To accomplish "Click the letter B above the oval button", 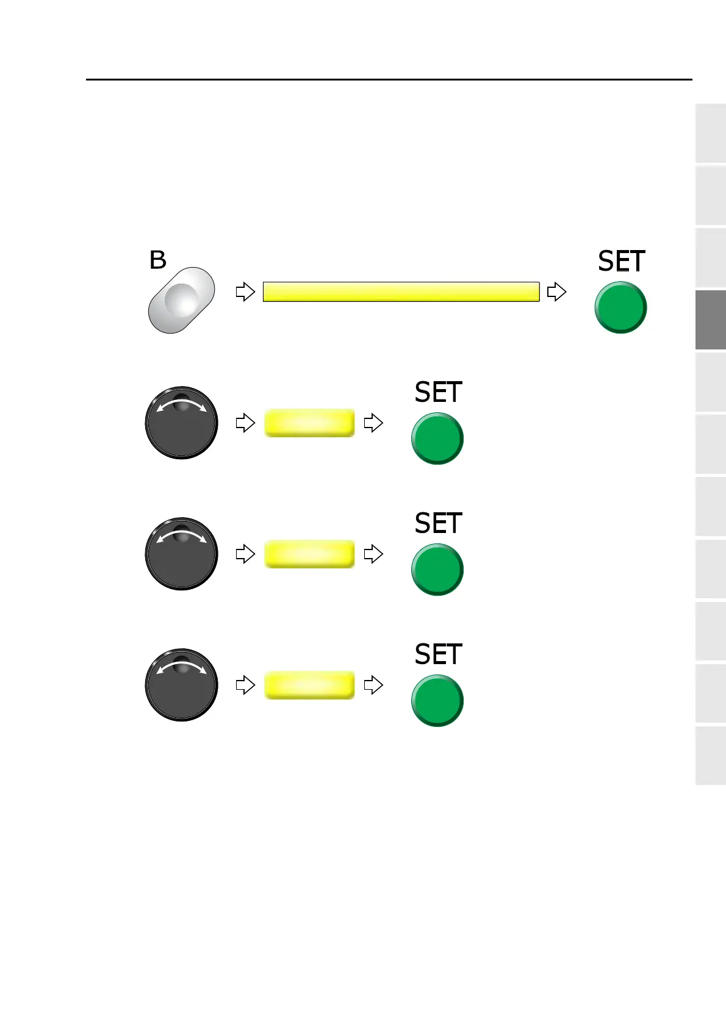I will pyautogui.click(x=158, y=260).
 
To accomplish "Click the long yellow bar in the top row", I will pyautogui.click(x=401, y=292).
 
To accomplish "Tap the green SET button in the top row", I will pyautogui.click(x=620, y=307).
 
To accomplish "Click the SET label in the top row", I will pyautogui.click(x=621, y=262).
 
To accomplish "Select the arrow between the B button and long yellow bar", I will pyautogui.click(x=245, y=292).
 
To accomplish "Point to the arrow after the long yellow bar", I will pyautogui.click(x=556, y=292).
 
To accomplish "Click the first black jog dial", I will pyautogui.click(x=181, y=423).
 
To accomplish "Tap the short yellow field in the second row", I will pyautogui.click(x=309, y=423).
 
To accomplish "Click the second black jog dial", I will pyautogui.click(x=181, y=554).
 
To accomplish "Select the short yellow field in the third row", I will pyautogui.click(x=309, y=554).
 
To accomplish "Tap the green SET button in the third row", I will pyautogui.click(x=437, y=570).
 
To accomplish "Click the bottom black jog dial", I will pyautogui.click(x=181, y=685).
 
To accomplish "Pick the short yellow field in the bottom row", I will pyautogui.click(x=309, y=685).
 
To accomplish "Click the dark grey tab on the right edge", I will pyautogui.click(x=711, y=320).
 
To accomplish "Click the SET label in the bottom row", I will pyautogui.click(x=438, y=654).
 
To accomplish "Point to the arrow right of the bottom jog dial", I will pyautogui.click(x=245, y=685).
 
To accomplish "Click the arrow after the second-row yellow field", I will pyautogui.click(x=373, y=423).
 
